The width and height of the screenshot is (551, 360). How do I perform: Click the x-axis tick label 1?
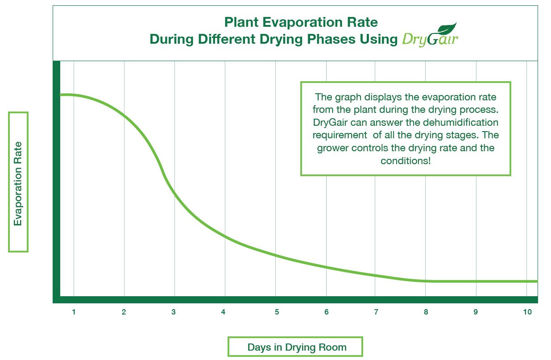(74, 312)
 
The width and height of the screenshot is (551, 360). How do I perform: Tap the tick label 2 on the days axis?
(124, 312)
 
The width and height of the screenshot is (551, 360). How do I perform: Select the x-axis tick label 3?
(174, 312)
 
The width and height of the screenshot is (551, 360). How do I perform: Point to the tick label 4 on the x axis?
(224, 312)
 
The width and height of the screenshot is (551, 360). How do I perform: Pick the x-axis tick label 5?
(277, 312)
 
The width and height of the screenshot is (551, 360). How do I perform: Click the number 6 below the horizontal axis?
(327, 312)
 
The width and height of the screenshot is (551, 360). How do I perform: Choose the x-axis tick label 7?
(376, 312)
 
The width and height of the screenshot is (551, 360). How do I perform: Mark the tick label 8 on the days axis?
(426, 312)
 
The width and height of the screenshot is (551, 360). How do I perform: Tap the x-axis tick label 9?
(476, 312)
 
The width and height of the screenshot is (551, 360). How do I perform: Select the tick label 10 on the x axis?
(527, 312)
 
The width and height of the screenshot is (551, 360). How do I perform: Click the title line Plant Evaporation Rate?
(301, 22)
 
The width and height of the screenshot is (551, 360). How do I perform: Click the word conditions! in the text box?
(406, 161)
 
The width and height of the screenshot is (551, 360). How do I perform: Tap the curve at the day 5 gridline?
(276, 256)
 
